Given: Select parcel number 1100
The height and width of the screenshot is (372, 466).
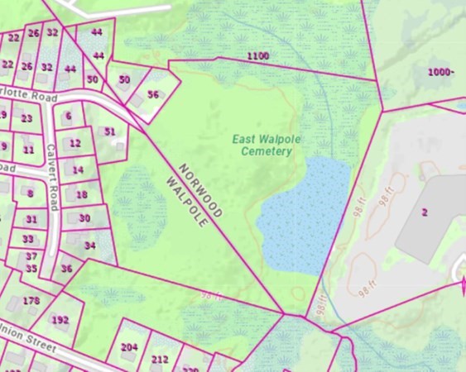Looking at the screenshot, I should click(257, 55).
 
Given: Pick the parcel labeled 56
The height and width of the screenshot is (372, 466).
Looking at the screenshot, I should click(153, 94).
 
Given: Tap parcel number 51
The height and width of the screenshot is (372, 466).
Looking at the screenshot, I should click(110, 131).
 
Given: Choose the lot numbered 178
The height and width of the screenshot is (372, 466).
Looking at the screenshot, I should click(31, 300).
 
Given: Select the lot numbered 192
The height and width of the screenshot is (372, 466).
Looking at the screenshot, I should click(60, 319).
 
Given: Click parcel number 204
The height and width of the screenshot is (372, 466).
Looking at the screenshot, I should click(129, 347).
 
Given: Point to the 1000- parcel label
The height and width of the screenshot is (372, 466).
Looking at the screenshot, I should click(441, 72).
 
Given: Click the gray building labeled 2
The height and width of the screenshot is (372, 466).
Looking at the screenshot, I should click(425, 212).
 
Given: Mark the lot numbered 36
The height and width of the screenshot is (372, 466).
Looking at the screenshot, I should click(67, 268).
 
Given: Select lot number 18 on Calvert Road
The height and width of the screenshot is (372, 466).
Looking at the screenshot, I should click(82, 195).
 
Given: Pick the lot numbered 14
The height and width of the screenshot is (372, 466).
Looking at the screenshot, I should click(78, 169).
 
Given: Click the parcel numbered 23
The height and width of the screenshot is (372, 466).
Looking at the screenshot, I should click(26, 118).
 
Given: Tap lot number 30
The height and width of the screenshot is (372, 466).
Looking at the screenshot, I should click(84, 218).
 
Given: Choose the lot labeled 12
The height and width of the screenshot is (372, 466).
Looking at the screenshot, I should click(75, 143).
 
